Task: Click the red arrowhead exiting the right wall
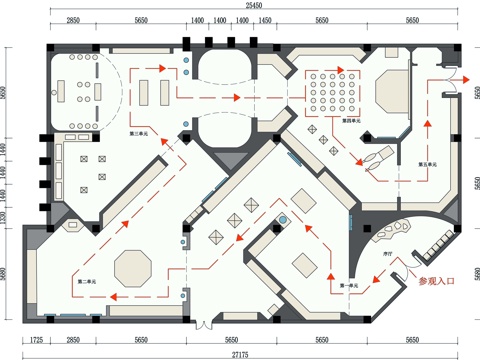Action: [x=466, y=78]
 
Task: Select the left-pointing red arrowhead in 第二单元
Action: [x=114, y=297]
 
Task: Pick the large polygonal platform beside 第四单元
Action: [x=385, y=96]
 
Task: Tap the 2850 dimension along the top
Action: [x=73, y=19]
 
